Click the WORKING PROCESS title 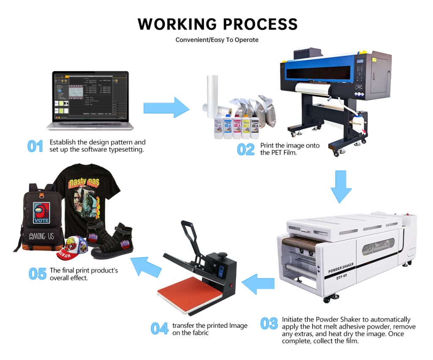(x=217, y=24)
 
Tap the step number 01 (x=36, y=146)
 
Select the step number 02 (x=246, y=149)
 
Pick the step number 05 (x=37, y=274)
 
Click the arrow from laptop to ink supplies (x=166, y=108)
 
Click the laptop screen (x=90, y=96)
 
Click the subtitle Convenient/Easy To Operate (x=217, y=40)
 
